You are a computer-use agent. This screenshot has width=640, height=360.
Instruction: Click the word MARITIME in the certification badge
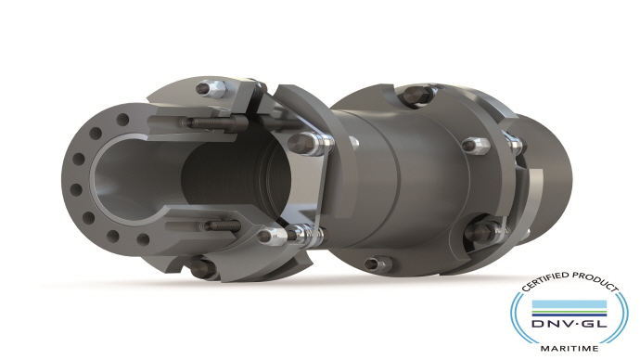click(x=570, y=348)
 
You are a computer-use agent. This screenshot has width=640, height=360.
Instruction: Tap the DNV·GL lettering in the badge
click(x=569, y=324)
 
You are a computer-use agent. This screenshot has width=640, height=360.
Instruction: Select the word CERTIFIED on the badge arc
click(x=545, y=281)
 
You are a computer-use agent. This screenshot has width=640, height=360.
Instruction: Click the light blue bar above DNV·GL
click(x=569, y=304)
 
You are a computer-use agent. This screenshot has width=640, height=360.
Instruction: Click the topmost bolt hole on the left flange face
click(x=122, y=120)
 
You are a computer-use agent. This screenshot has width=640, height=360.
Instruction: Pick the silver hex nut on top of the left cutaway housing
click(x=211, y=89)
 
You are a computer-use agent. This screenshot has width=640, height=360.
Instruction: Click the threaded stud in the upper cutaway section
click(x=211, y=122)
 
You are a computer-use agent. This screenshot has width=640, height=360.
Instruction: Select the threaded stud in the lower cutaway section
click(x=223, y=225)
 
